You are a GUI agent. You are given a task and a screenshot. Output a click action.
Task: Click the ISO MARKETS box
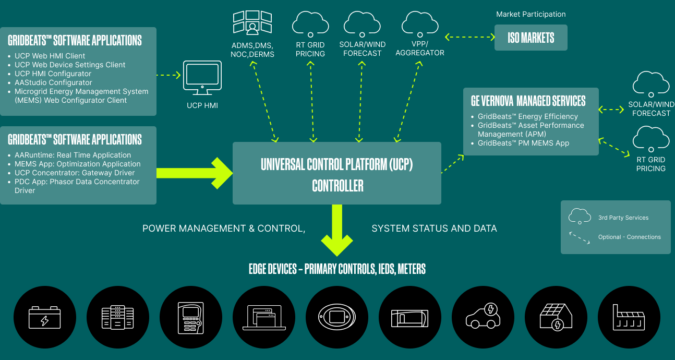click(531, 38)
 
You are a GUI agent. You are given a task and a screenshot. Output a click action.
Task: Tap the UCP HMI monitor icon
click(202, 78)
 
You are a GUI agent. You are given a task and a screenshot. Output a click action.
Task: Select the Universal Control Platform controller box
click(337, 173)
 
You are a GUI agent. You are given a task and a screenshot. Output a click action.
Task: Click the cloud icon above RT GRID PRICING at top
click(310, 24)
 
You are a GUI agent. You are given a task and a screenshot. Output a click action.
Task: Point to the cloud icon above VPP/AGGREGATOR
click(420, 24)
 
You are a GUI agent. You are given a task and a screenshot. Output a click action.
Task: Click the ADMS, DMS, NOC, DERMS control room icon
click(252, 22)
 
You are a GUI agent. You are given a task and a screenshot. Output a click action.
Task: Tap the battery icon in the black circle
click(44, 318)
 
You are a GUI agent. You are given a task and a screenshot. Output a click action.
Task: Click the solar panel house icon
click(556, 317)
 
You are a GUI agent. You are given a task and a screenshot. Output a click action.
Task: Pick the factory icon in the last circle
click(629, 318)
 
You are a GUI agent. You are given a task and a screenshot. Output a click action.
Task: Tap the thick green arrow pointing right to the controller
click(195, 173)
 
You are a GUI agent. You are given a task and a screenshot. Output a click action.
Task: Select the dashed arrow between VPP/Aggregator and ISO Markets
click(470, 37)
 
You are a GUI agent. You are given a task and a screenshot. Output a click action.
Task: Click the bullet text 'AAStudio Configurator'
click(53, 82)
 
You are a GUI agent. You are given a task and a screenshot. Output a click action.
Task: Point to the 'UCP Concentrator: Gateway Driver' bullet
click(75, 173)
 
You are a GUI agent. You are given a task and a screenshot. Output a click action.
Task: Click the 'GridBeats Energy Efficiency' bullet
click(528, 116)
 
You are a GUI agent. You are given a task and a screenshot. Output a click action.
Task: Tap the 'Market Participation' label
click(531, 14)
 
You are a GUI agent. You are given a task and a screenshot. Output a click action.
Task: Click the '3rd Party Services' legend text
click(623, 218)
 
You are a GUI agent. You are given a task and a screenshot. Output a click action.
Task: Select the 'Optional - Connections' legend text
click(630, 237)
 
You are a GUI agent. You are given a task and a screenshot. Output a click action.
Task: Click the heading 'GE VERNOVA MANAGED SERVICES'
click(528, 101)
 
